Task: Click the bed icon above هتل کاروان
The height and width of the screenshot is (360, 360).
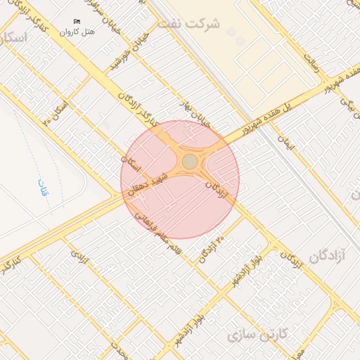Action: point(77,21)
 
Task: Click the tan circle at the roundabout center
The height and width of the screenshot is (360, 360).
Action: point(190,162)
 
